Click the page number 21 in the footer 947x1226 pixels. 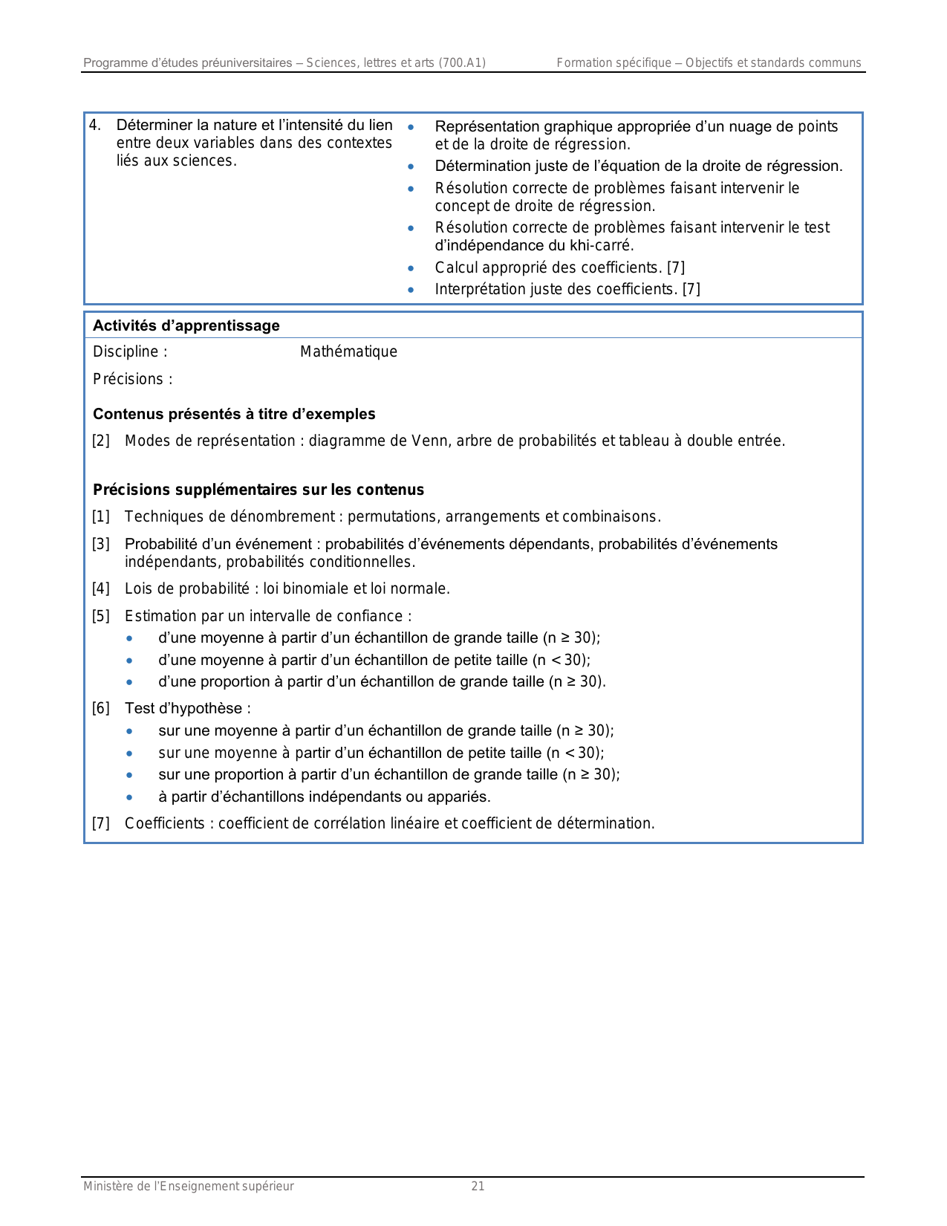pyautogui.click(x=478, y=1187)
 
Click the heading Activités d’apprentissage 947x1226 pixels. pyautogui.click(x=186, y=325)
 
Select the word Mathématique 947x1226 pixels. pyautogui.click(x=348, y=351)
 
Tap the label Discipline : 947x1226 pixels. pyautogui.click(x=130, y=351)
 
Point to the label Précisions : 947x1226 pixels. pyautogui.click(x=132, y=379)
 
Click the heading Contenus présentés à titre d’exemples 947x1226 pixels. pyautogui.click(x=234, y=414)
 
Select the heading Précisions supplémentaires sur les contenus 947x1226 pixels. pyautogui.click(x=258, y=490)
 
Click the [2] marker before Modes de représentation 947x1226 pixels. pyautogui.click(x=100, y=441)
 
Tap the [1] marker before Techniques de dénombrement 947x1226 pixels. pyautogui.click(x=100, y=516)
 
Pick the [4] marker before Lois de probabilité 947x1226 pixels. pyautogui.click(x=100, y=589)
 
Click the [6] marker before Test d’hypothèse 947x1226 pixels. pyautogui.click(x=100, y=708)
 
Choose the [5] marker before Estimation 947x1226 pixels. pyautogui.click(x=100, y=616)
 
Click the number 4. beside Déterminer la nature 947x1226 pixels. pyautogui.click(x=95, y=125)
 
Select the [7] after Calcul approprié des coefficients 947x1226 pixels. pyautogui.click(x=676, y=267)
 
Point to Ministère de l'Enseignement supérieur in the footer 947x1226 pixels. pyautogui.click(x=189, y=1187)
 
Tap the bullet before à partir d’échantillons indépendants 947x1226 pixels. pyautogui.click(x=131, y=797)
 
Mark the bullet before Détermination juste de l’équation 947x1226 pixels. pyautogui.click(x=411, y=166)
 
